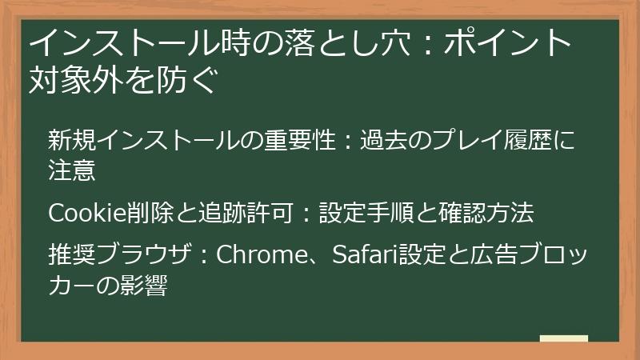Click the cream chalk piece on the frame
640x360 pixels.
coord(563,339)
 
